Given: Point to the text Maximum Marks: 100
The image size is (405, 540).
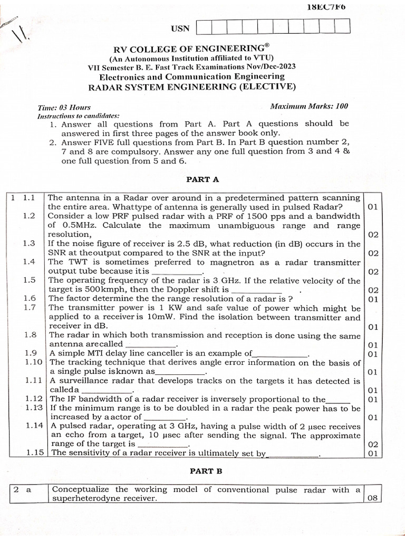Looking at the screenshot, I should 309,106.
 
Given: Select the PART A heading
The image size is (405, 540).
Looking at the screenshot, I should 202,179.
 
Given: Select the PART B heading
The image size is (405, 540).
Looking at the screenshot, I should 202,471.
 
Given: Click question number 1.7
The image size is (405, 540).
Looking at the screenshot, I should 30,307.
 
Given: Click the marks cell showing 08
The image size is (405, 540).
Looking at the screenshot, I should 372,498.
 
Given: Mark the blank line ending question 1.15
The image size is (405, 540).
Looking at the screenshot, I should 293,454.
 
